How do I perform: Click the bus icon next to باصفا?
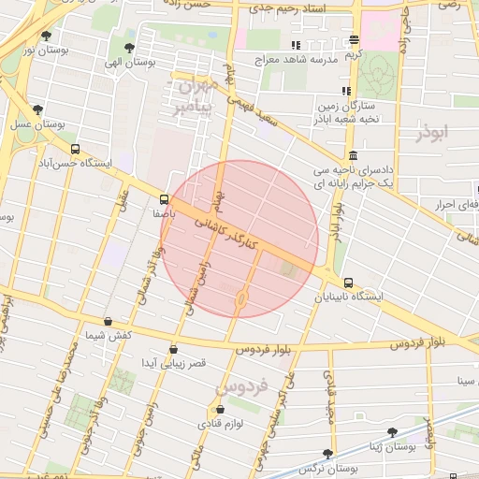point(165,199)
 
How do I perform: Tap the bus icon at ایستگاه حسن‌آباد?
point(75,149)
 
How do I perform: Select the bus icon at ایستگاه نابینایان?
point(348,283)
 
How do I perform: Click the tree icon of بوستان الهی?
point(128,47)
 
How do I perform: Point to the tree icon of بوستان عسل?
point(37,109)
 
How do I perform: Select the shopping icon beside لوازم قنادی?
point(220,409)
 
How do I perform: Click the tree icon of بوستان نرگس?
point(327,453)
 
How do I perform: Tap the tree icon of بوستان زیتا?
point(392,432)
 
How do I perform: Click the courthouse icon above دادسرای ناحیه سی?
point(352,156)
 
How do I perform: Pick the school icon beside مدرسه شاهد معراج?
point(296,44)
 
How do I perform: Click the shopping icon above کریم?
point(354,39)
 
